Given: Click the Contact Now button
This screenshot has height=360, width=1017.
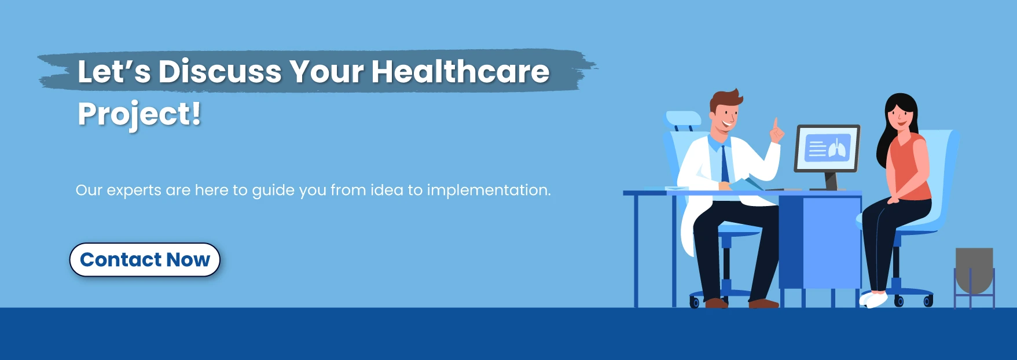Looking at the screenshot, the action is tap(145, 260).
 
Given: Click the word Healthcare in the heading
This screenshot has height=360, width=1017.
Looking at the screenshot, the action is tap(460, 72).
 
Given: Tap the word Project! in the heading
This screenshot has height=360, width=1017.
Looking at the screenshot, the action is tap(139, 114).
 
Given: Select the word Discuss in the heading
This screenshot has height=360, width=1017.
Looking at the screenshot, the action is tap(220, 72).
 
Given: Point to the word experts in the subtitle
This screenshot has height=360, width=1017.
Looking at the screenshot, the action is tap(134, 190).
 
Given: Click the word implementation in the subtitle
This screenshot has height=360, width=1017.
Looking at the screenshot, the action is tap(489, 190).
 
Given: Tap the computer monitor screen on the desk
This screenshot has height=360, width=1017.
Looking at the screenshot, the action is tap(827, 149).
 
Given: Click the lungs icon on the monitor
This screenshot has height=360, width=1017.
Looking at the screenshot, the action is tap(837, 149).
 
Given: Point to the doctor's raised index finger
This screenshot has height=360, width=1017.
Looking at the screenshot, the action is tap(774, 124).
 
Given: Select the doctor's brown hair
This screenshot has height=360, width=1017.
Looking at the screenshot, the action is tap(726, 100).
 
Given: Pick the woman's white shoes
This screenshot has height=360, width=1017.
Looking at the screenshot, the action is tap(873, 299).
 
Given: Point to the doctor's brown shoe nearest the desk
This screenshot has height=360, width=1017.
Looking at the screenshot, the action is tap(763, 303).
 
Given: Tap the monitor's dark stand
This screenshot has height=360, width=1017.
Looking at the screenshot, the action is tap(831, 181).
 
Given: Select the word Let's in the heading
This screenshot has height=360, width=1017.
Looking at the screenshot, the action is tap(114, 72).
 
